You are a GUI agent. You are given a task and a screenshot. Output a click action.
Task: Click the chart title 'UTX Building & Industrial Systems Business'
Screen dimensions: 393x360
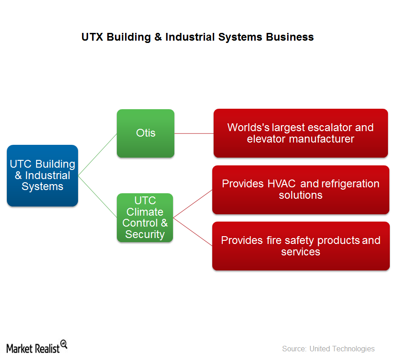[198, 37]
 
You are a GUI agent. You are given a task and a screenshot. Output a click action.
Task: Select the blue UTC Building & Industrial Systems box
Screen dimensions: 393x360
[42, 175]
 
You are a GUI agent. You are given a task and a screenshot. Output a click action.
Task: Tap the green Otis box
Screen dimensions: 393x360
[146, 133]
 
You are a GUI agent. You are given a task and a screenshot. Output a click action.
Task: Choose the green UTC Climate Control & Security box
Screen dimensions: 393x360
[145, 217]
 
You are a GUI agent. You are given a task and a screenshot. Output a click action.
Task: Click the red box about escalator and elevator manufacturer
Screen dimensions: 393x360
[301, 133]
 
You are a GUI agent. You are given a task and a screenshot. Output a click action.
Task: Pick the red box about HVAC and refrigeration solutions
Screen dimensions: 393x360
[301, 190]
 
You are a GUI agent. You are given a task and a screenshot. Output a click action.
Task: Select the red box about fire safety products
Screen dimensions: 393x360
[301, 246]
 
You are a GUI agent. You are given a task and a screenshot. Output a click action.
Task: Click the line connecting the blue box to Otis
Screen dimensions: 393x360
[98, 154]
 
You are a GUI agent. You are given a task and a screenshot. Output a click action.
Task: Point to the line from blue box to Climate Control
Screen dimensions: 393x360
[98, 197]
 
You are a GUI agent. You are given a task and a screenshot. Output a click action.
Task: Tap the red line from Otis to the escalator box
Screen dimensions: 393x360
[194, 133]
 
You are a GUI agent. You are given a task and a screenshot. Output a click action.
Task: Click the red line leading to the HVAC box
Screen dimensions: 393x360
[193, 204]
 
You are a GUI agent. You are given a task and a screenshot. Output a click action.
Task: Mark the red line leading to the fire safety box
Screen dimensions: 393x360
[193, 232]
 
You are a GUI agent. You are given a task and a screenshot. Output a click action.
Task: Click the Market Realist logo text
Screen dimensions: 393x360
[33, 349]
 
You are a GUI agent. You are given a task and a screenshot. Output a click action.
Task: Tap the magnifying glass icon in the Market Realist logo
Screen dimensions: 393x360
[64, 344]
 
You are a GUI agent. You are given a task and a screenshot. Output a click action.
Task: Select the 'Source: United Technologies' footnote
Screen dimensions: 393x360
[328, 349]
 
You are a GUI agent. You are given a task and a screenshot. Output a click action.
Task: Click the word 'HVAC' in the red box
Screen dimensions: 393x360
[282, 184]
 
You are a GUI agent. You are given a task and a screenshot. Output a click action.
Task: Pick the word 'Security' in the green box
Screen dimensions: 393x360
[145, 234]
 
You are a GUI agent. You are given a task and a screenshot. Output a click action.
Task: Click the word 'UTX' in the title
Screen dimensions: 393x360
[92, 37]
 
